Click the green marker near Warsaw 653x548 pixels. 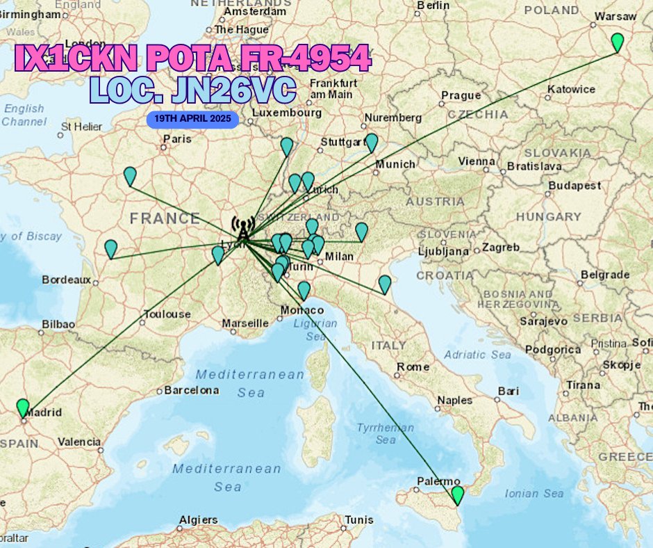coord(617,42)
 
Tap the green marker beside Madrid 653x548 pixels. coord(23,408)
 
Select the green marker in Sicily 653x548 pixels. coord(457,494)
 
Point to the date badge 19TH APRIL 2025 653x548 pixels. coord(193,119)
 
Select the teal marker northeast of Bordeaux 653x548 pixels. coord(111,248)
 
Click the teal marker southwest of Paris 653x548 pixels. coord(130,176)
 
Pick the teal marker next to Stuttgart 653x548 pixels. coord(372,143)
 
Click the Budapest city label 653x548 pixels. coord(575,186)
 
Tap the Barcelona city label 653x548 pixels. coord(190,390)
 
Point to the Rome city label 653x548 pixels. coord(413,366)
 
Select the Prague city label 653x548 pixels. coord(461,95)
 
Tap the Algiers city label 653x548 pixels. coord(198,519)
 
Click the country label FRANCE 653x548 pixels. coord(165,218)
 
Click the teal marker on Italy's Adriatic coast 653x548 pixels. coord(385,284)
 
